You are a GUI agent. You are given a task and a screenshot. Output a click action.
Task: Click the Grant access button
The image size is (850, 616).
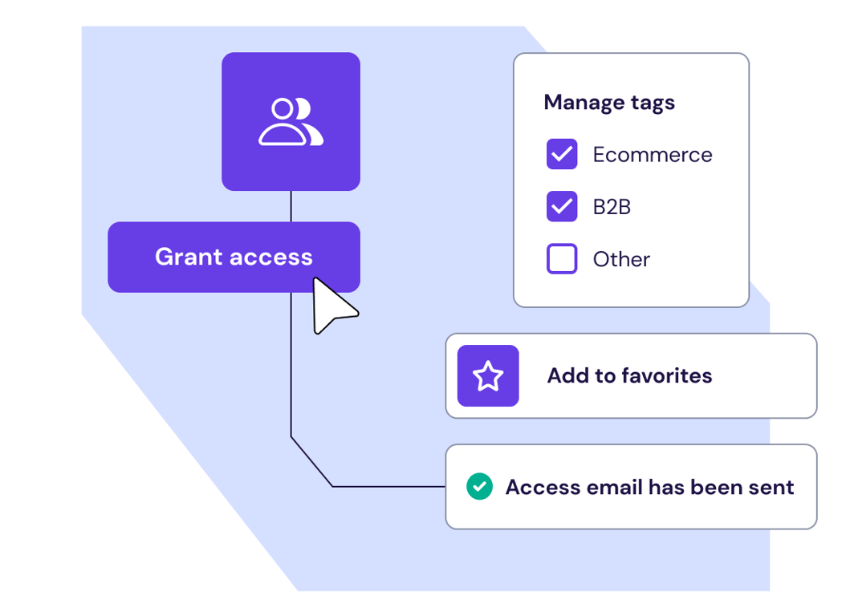pos(234,257)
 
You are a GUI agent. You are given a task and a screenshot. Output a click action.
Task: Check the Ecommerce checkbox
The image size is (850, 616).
pos(562,155)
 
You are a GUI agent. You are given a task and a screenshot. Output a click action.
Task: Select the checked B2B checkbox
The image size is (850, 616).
pos(562,206)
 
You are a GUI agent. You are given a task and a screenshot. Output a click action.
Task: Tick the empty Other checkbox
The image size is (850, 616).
pos(562,259)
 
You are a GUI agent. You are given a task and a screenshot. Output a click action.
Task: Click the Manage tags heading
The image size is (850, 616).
pos(609,103)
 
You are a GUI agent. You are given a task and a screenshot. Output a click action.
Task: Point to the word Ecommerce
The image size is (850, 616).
pos(653,155)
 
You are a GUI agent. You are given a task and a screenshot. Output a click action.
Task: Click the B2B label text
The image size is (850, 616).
pos(612,207)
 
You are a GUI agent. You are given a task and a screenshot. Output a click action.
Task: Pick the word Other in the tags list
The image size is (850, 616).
pos(621,260)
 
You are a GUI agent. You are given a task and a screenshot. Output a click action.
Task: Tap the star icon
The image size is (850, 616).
pos(488,376)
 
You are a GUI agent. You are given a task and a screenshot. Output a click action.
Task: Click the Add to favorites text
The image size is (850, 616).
pos(629,376)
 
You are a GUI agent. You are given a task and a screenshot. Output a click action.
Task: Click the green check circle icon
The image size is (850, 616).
pos(480,487)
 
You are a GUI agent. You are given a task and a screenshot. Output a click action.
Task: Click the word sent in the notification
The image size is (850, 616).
pos(771,488)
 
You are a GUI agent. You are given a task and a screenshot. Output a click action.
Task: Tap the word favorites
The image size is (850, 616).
pos(667,376)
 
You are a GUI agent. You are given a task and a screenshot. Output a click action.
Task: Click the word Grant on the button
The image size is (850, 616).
pos(188,257)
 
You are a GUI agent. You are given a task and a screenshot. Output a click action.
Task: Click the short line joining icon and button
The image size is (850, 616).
pos(291,206)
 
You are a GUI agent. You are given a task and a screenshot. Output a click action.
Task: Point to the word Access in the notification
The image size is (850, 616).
pos(543,487)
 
